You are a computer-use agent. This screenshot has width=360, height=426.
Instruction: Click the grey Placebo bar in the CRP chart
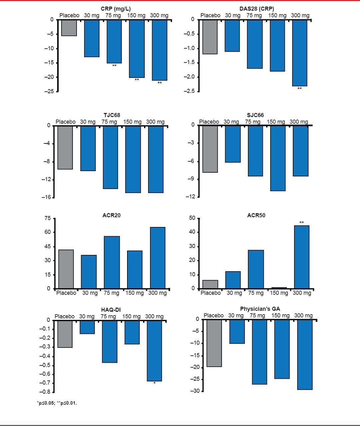tap(69, 28)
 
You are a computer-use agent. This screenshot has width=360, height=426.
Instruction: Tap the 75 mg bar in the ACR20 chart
tap(112, 262)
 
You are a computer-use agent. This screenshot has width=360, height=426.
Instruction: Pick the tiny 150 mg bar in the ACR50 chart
tap(279, 288)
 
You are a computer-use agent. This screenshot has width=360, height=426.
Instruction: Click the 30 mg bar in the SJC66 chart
tap(233, 144)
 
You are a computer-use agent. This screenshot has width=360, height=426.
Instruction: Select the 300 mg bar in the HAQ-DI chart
tap(154, 350)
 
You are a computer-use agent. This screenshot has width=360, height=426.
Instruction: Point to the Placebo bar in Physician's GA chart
tap(214, 343)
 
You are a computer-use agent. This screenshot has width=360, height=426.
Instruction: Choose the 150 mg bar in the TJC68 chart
tap(133, 159)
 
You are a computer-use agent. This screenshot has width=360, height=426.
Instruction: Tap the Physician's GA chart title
tap(260, 309)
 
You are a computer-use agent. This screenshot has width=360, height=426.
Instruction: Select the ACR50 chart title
tap(256, 215)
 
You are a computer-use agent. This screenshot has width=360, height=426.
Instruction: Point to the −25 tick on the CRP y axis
tap(50, 91)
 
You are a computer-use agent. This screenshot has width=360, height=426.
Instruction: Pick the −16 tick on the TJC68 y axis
tap(48, 197)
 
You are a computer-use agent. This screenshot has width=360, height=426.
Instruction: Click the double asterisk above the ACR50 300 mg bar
tap(301, 223)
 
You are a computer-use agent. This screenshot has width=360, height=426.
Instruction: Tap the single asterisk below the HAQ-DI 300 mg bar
tap(154, 383)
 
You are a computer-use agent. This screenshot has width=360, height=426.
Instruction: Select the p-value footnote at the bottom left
tap(57, 403)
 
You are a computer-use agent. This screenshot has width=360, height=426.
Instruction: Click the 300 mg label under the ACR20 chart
tap(157, 293)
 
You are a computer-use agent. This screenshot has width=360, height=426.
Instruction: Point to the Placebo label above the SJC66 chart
tap(209, 122)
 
